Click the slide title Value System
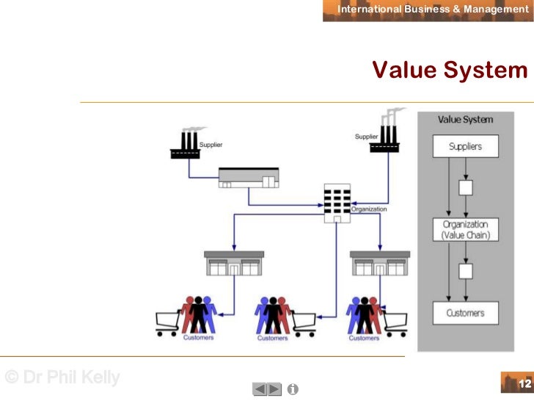[x=450, y=70]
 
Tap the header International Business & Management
[x=433, y=10]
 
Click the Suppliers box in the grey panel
[x=465, y=146]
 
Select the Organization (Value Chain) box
[x=465, y=229]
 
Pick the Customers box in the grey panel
[x=465, y=313]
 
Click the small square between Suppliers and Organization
[x=465, y=187]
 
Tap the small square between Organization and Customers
[x=465, y=271]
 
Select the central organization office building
[x=337, y=202]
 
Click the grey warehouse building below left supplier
[x=249, y=178]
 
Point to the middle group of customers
[x=272, y=314]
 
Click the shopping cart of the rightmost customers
[x=395, y=322]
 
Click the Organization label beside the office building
[x=369, y=209]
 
